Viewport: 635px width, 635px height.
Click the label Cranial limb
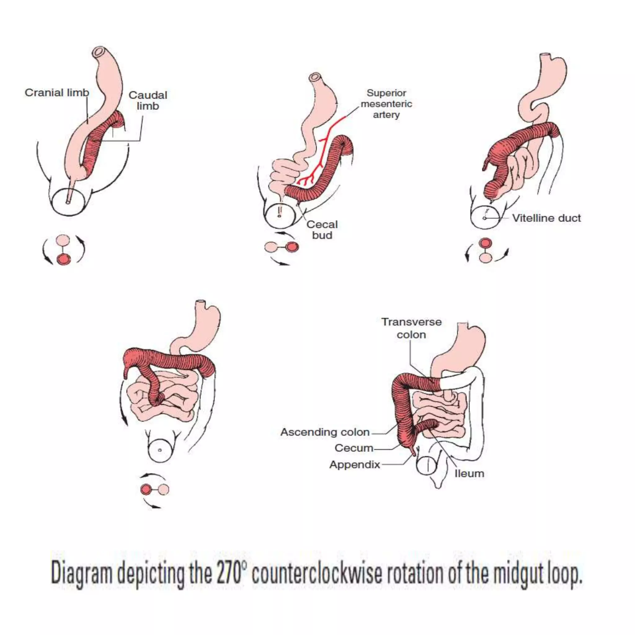tap(57, 93)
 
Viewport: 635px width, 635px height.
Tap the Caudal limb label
tap(148, 100)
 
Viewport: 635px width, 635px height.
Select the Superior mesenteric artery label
tap(386, 104)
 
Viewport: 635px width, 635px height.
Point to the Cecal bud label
tap(322, 230)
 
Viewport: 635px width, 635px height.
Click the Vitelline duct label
tap(546, 218)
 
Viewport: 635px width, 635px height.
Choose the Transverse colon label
tap(411, 328)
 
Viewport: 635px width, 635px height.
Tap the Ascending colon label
tap(325, 432)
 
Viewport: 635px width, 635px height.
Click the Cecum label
tap(354, 448)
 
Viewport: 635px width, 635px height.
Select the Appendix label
tap(355, 464)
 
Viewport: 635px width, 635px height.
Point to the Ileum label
tap(469, 474)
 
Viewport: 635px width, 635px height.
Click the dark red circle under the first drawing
tap(64, 260)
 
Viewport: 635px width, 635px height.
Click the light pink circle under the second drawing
tap(271, 247)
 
